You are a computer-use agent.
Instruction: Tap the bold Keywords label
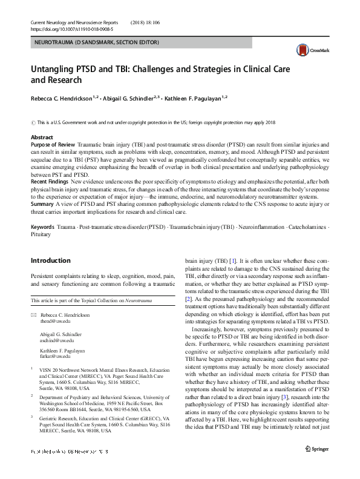(x=42, y=226)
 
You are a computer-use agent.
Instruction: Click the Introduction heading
(x=50, y=261)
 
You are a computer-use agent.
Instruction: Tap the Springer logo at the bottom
(x=316, y=465)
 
